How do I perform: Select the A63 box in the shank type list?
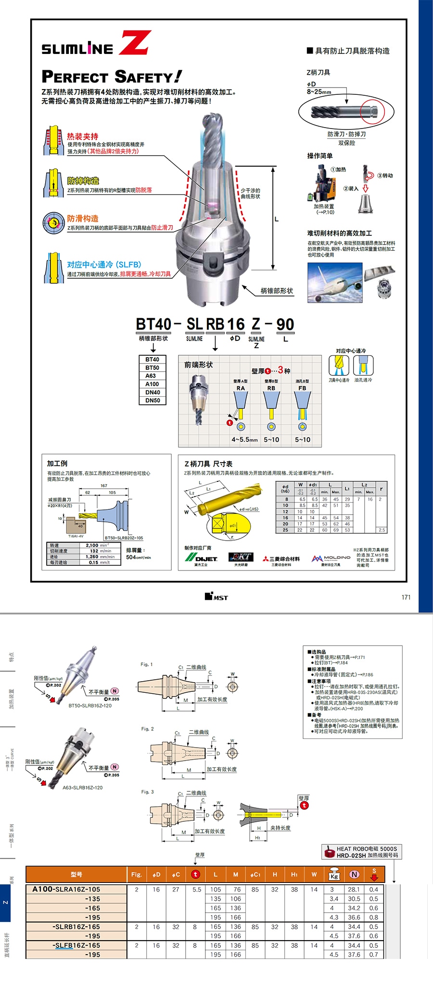pyautogui.click(x=152, y=376)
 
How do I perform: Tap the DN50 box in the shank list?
pyautogui.click(x=152, y=401)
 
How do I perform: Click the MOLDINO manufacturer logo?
pyautogui.click(x=331, y=558)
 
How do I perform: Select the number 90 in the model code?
pyautogui.click(x=285, y=324)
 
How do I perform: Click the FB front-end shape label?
pyautogui.click(x=302, y=388)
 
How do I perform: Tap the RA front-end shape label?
pyautogui.click(x=241, y=388)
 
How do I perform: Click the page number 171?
pyautogui.click(x=406, y=597)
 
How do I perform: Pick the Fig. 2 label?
pyautogui.click(x=147, y=729)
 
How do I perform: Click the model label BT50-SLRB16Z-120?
pyautogui.click(x=90, y=706)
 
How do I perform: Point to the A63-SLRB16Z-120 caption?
pyautogui.click(x=82, y=788)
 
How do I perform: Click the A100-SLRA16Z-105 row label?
pyautogui.click(x=66, y=890)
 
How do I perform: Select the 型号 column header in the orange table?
pyautogui.click(x=76, y=874)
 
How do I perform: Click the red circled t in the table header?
pyautogui.click(x=195, y=874)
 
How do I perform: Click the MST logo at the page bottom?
pyautogui.click(x=216, y=597)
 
